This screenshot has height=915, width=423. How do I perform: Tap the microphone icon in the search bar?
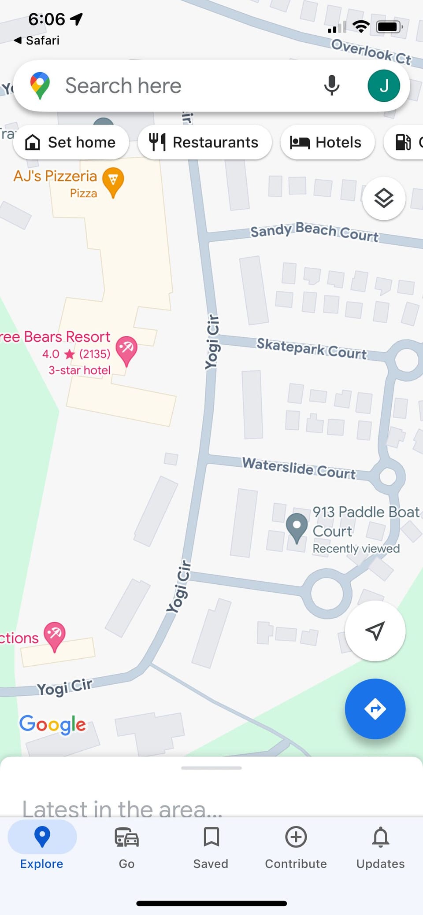coord(331,85)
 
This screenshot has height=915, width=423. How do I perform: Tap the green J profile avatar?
coord(384,85)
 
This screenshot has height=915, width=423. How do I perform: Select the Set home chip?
coord(71,142)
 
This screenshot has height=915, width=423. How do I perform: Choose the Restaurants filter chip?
coord(204,142)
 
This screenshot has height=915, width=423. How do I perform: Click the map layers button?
coord(384,199)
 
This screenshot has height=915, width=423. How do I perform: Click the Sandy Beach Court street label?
coord(314,232)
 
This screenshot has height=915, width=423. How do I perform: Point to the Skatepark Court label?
coord(312,348)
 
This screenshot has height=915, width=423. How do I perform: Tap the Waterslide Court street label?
coord(299,468)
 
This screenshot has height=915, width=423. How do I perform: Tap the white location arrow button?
coord(375,631)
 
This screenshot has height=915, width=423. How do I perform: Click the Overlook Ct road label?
coord(371,52)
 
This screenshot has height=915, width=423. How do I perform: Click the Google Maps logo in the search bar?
coord(40,85)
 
